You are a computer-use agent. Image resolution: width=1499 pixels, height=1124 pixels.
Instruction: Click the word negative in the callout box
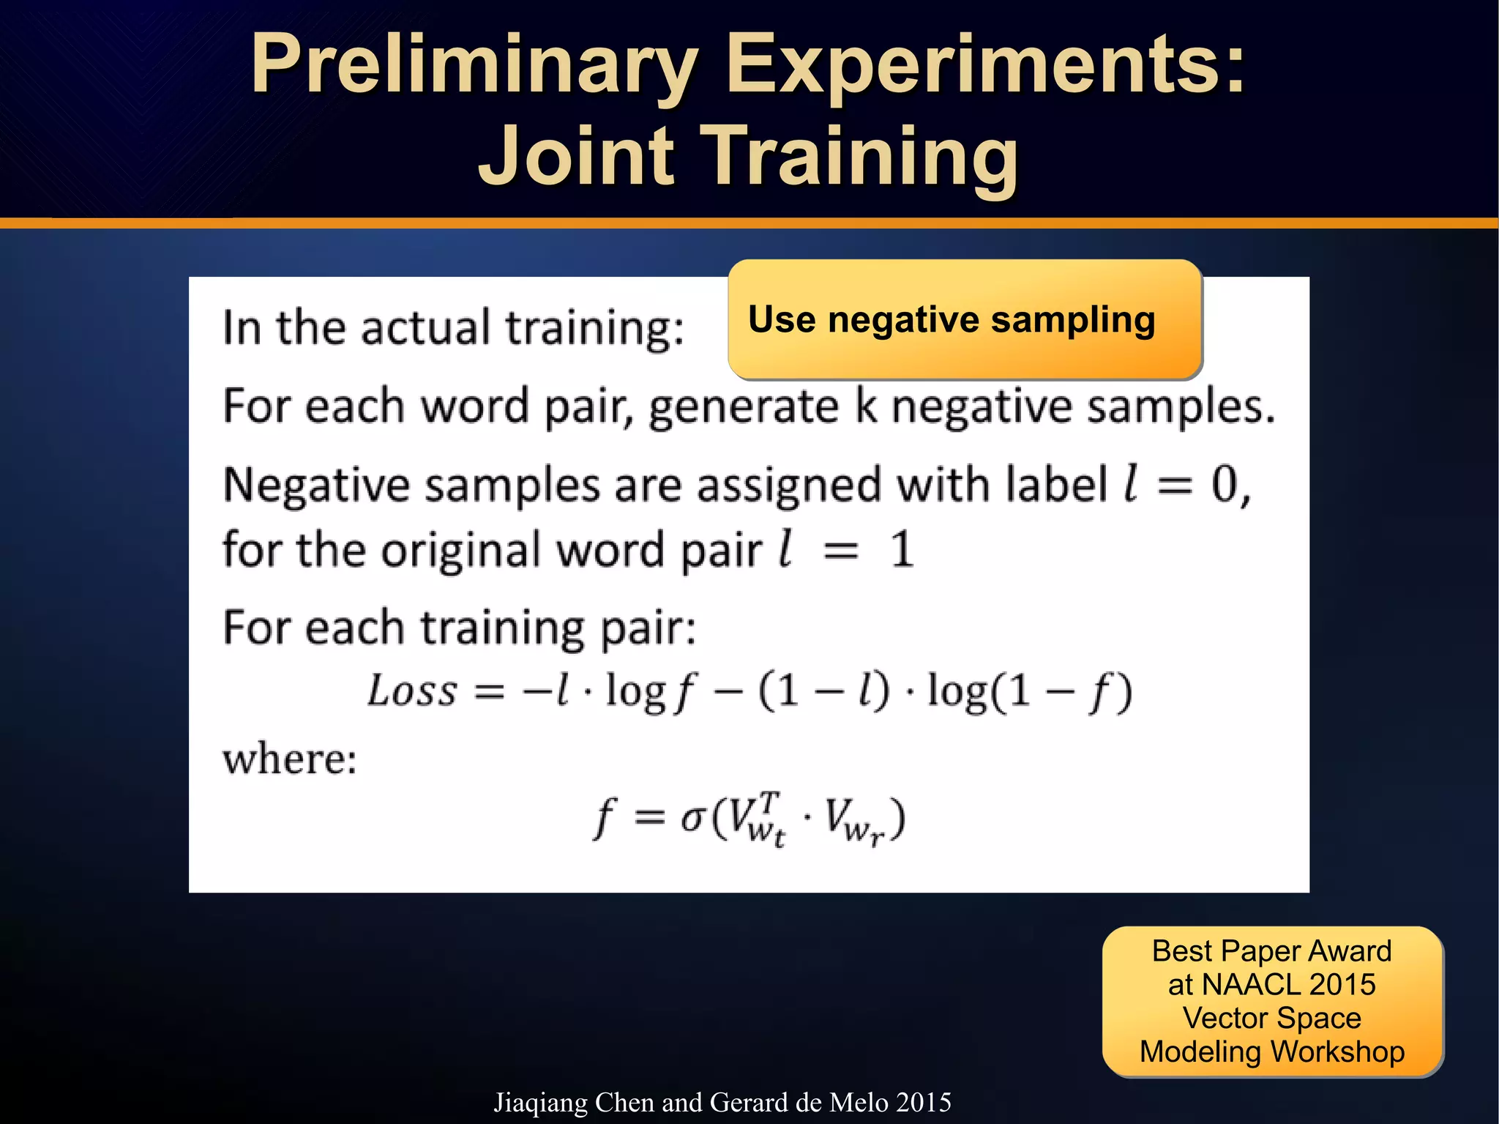tap(904, 320)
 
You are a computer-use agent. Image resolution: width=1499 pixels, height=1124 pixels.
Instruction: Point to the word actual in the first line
tap(425, 327)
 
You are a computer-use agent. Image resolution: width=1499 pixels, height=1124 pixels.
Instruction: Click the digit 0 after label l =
tap(1225, 485)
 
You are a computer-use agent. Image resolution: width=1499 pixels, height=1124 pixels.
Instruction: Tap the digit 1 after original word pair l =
tap(902, 549)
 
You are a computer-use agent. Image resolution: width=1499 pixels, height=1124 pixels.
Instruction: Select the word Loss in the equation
tap(412, 691)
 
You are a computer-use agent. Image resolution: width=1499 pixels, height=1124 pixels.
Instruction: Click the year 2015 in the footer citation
tap(923, 1102)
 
